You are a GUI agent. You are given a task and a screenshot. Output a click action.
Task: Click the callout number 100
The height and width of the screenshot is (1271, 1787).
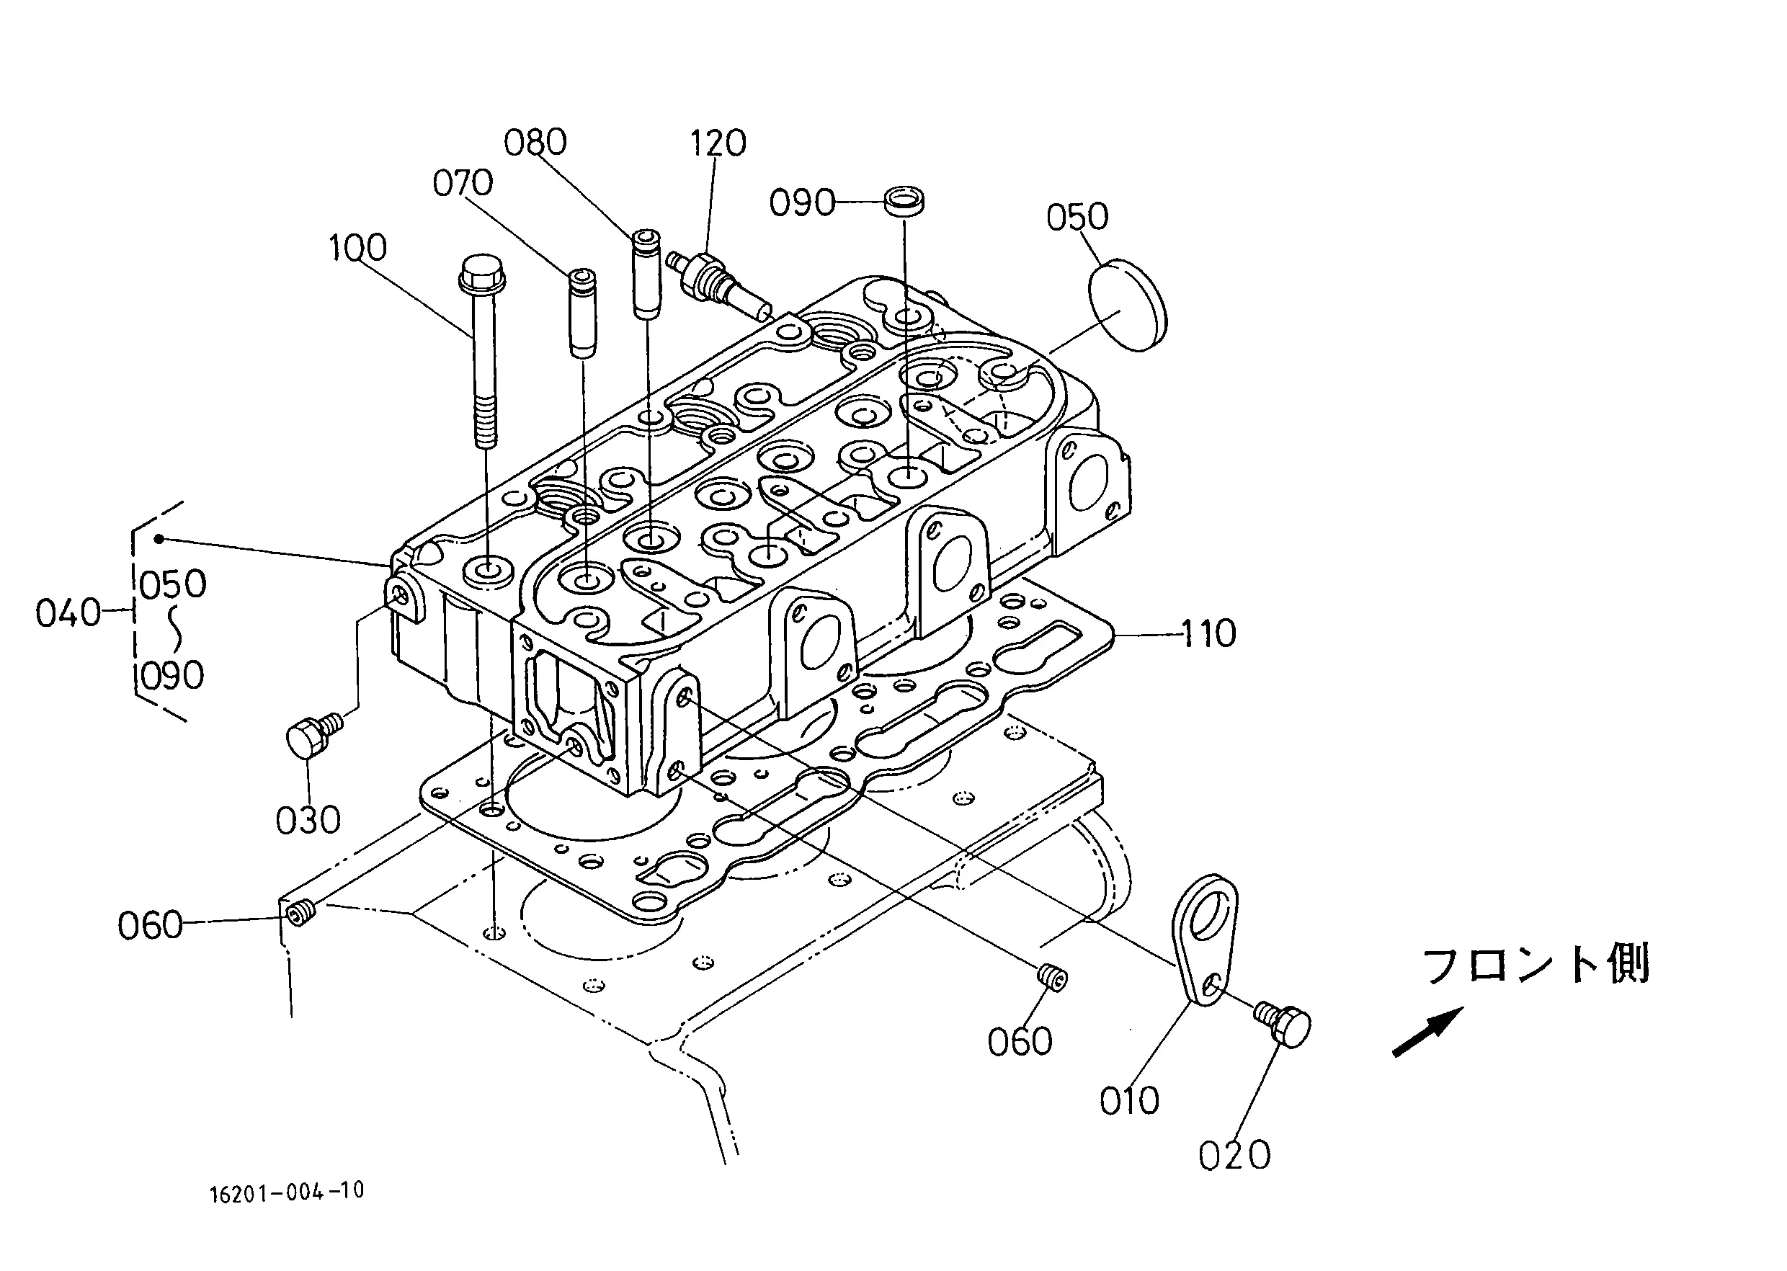pyautogui.click(x=357, y=248)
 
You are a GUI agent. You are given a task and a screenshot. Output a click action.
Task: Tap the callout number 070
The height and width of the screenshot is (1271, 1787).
pyautogui.click(x=463, y=183)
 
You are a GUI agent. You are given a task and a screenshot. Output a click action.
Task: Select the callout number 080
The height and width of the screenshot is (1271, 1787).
pyautogui.click(x=535, y=143)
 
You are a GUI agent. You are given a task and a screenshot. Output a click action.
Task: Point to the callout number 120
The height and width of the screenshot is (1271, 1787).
pyautogui.click(x=718, y=143)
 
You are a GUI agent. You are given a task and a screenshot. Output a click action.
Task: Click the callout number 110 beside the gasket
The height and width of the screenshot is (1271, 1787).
pyautogui.click(x=1208, y=633)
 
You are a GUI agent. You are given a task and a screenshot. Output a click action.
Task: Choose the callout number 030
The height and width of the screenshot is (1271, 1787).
pyautogui.click(x=308, y=821)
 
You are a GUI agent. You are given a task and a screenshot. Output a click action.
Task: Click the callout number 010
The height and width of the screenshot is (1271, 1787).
pyautogui.click(x=1128, y=1101)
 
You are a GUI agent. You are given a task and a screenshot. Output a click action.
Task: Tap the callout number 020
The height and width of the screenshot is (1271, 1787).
pyautogui.click(x=1234, y=1155)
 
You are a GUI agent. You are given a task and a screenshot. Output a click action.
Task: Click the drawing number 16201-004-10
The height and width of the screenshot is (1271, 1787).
pyautogui.click(x=288, y=1192)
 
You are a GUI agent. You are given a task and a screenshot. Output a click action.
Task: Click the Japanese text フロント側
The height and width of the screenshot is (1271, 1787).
pyautogui.click(x=1536, y=964)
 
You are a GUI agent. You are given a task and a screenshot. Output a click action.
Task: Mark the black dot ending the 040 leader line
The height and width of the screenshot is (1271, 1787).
pyautogui.click(x=159, y=538)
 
